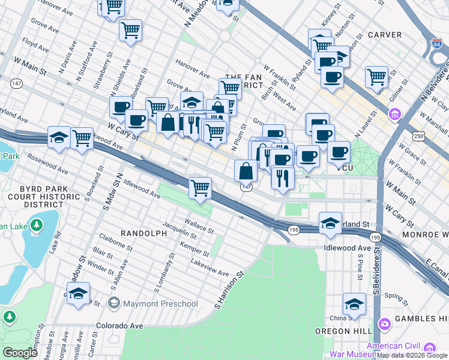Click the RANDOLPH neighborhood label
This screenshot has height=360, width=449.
tap(144, 233)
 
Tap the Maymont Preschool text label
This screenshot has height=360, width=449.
tap(160, 304)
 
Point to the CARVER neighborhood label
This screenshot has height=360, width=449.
tap(384, 35)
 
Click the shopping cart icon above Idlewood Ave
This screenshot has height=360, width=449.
tap(200, 188)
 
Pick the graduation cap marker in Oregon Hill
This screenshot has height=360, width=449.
tap(354, 304)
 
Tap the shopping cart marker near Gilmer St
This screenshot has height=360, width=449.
tap(376, 76)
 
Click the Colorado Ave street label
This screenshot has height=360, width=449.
tap(120, 326)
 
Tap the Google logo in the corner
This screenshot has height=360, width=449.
tap(20, 353)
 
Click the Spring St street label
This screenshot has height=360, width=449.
tap(397, 296)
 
